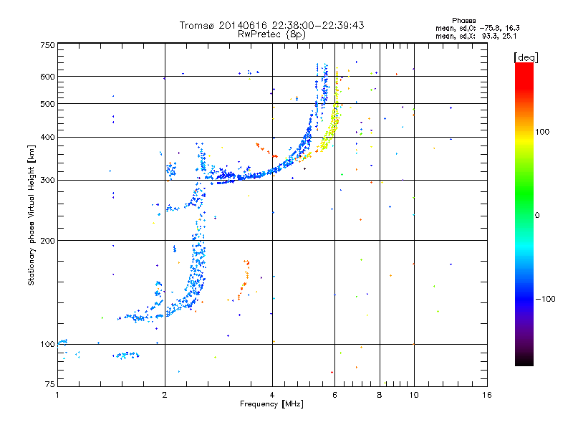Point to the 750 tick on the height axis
pyautogui.click(x=47, y=45)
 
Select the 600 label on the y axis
pyautogui.click(x=47, y=77)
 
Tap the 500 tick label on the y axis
pyautogui.click(x=47, y=104)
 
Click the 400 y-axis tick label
pyautogui.click(x=47, y=137)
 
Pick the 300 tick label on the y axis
pyautogui.click(x=47, y=181)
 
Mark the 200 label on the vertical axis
pyautogui.click(x=47, y=241)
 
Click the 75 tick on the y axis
pyautogui.click(x=49, y=386)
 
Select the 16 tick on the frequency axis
pyautogui.click(x=486, y=395)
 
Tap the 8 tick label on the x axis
pyautogui.click(x=380, y=395)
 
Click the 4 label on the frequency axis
pyautogui.click(x=272, y=395)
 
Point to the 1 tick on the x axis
pyautogui.click(x=57, y=395)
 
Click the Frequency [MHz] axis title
pyautogui.click(x=271, y=404)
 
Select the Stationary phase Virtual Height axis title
pyautogui.click(x=32, y=215)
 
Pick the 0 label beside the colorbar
pyautogui.click(x=539, y=215)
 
